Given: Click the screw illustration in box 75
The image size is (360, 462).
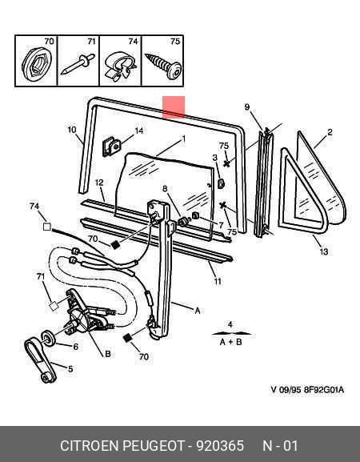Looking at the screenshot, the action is (x=163, y=66).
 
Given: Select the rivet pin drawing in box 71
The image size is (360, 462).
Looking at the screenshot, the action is (x=78, y=63).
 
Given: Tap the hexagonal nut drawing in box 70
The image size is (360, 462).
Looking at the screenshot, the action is (x=37, y=65).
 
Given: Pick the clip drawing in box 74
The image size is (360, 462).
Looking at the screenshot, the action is (x=120, y=66).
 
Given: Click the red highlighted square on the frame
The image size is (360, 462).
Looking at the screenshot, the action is (x=174, y=106).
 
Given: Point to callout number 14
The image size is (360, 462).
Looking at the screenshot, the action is (x=138, y=131).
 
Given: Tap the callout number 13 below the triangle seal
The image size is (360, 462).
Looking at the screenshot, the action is (x=324, y=251).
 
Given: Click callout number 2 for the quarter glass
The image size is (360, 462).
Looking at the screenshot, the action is (x=330, y=132).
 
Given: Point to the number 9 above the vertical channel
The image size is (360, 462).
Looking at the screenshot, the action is (x=247, y=107).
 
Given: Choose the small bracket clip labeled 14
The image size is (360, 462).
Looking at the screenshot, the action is (x=111, y=147).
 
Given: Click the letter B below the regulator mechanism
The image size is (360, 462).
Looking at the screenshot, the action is (x=108, y=354).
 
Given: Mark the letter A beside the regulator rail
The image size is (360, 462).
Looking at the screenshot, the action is (x=198, y=311).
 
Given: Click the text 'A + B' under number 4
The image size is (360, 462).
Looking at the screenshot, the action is (x=230, y=342).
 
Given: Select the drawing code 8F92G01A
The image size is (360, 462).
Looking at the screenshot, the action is (x=324, y=389).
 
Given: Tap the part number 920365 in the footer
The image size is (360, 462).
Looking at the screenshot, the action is (x=220, y=445).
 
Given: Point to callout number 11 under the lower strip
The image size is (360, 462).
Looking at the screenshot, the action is (x=218, y=281).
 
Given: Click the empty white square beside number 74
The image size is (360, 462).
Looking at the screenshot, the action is (x=47, y=227).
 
